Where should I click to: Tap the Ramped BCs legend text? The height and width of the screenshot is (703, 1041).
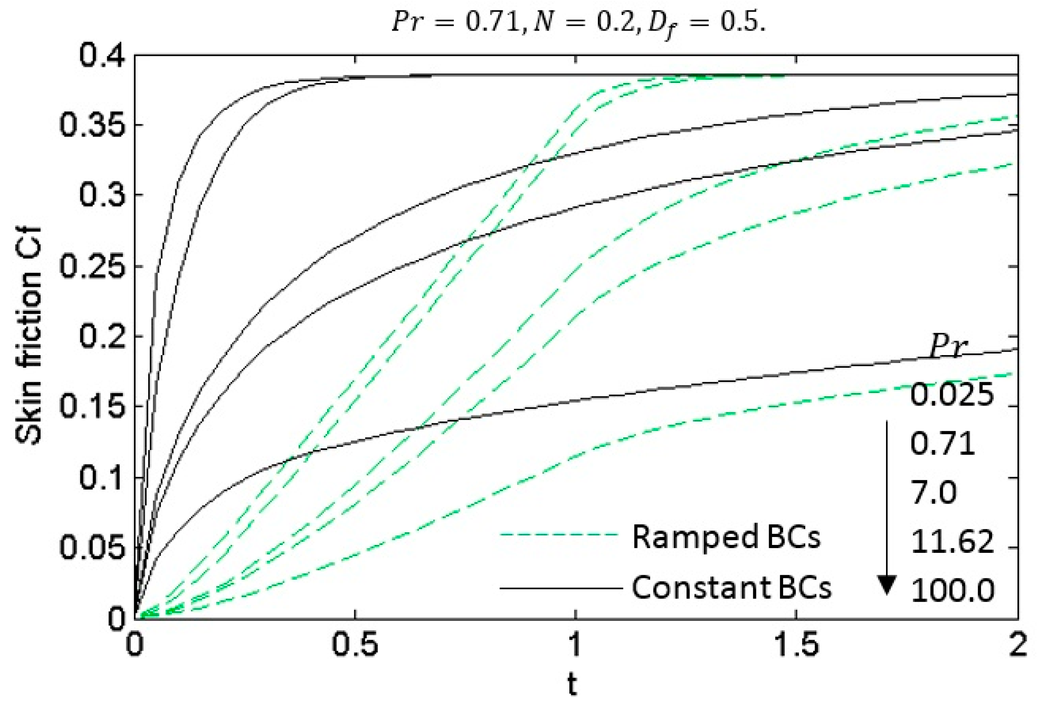726,537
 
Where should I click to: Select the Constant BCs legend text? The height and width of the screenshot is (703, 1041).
731,587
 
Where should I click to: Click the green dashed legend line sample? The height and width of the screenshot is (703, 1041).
560,535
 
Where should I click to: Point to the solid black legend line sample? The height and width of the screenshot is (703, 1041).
560,587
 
